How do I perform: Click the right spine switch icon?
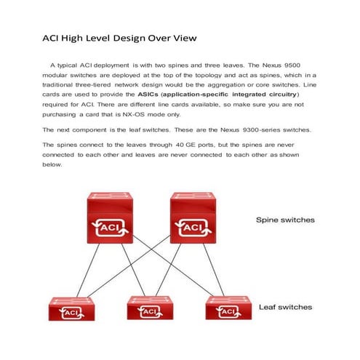click(193, 218)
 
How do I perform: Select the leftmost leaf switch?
click(71, 308)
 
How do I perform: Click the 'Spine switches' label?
click(285, 219)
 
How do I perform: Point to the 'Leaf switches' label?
click(286, 307)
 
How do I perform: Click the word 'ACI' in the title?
click(49, 37)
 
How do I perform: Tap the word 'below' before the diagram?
click(52, 164)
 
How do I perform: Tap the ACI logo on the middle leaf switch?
click(149, 311)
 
